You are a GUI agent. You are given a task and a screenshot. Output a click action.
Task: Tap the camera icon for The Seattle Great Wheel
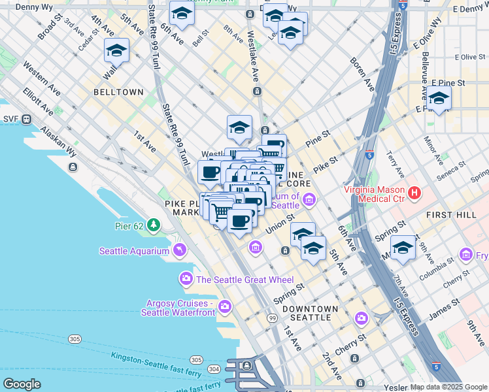(x=186, y=280)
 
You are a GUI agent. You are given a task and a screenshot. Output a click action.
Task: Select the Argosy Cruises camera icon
(x=226, y=306)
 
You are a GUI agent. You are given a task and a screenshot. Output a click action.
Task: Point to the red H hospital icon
(x=414, y=193)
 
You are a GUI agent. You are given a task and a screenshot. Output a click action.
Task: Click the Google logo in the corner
(x=22, y=384)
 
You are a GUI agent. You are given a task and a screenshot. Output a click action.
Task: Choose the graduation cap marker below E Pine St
(x=439, y=99)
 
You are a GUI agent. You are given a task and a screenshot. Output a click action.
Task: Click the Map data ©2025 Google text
(x=448, y=387)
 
